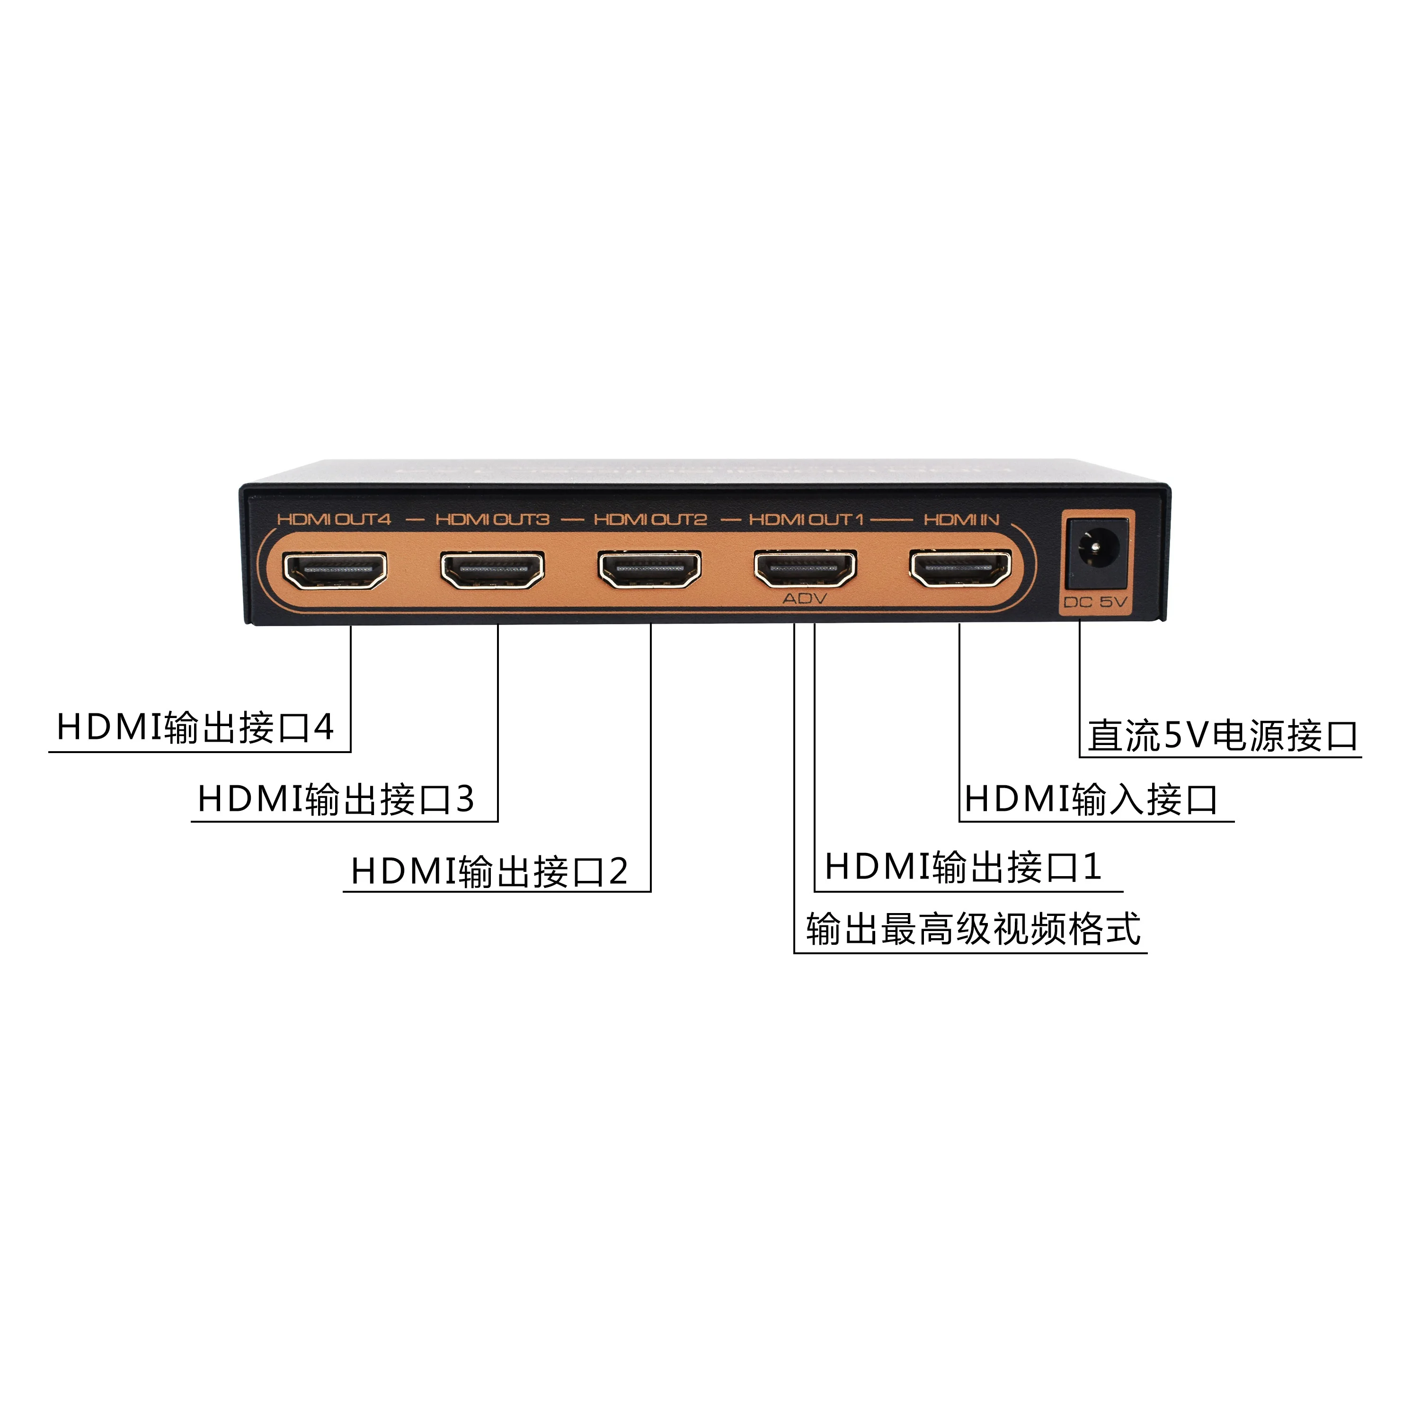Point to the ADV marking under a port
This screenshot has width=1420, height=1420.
[805, 599]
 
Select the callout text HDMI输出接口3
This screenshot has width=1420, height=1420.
[337, 799]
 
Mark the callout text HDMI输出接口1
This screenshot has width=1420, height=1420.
[963, 867]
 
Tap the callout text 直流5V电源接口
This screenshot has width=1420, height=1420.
[1223, 736]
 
